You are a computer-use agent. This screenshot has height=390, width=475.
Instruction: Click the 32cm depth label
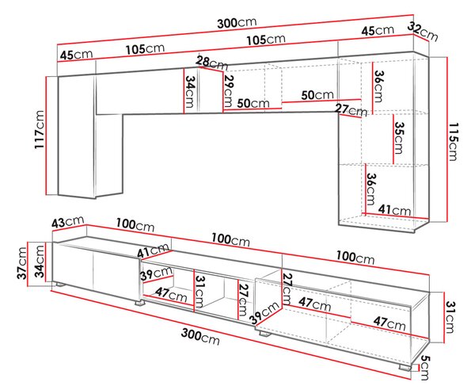[423, 32]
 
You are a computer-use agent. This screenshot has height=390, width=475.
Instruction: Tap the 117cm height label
[40, 130]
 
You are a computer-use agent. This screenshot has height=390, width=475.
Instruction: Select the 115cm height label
[454, 141]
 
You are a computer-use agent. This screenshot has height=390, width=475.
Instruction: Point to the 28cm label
[211, 63]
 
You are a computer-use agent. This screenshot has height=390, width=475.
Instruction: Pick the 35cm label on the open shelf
[399, 138]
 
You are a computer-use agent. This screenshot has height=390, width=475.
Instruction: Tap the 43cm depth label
[67, 222]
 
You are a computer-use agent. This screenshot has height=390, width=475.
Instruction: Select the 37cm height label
[22, 263]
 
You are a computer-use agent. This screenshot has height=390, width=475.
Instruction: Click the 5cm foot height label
[424, 368]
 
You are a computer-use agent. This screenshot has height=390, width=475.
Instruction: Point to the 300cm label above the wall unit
[237, 23]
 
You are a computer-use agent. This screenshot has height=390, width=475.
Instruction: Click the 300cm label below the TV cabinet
[200, 336]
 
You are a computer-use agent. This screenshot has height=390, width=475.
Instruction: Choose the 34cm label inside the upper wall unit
[189, 91]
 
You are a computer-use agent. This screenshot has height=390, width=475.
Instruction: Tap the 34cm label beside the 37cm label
[40, 262]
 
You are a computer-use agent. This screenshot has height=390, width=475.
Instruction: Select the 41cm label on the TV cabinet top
[153, 250]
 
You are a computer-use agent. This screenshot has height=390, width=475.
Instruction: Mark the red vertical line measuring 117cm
[47, 136]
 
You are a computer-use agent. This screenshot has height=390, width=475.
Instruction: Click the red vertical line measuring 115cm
[446, 140]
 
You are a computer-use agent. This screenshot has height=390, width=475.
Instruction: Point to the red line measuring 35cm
[393, 139]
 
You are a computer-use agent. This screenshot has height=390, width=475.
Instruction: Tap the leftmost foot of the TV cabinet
[60, 285]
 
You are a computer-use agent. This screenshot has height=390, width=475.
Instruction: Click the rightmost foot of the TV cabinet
[405, 367]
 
